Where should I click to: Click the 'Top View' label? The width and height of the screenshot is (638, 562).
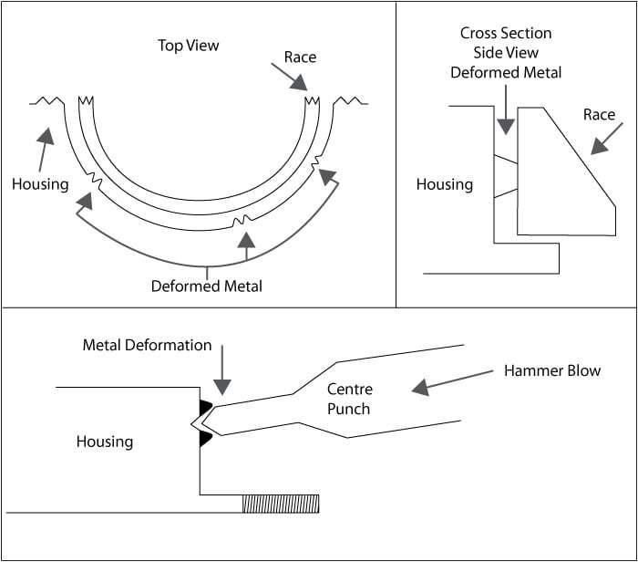(189, 45)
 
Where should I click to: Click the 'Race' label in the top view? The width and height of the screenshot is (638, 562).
(300, 57)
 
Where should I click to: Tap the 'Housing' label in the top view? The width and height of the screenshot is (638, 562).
(40, 184)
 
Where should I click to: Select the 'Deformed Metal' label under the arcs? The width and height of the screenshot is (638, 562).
(207, 286)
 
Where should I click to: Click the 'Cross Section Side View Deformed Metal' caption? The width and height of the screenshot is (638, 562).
(506, 53)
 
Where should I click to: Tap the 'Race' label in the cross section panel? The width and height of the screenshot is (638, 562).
(600, 115)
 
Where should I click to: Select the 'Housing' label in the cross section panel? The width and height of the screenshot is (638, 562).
(445, 184)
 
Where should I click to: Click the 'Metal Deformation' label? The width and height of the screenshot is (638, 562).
(147, 346)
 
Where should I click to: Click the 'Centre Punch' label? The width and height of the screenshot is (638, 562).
(349, 400)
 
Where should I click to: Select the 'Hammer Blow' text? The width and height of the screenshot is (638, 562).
(552, 371)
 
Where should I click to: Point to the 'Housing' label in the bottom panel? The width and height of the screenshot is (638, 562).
(105, 442)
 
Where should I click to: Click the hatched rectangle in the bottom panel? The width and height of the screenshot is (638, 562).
(280, 504)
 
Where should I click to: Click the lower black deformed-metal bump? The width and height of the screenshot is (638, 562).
(207, 440)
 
